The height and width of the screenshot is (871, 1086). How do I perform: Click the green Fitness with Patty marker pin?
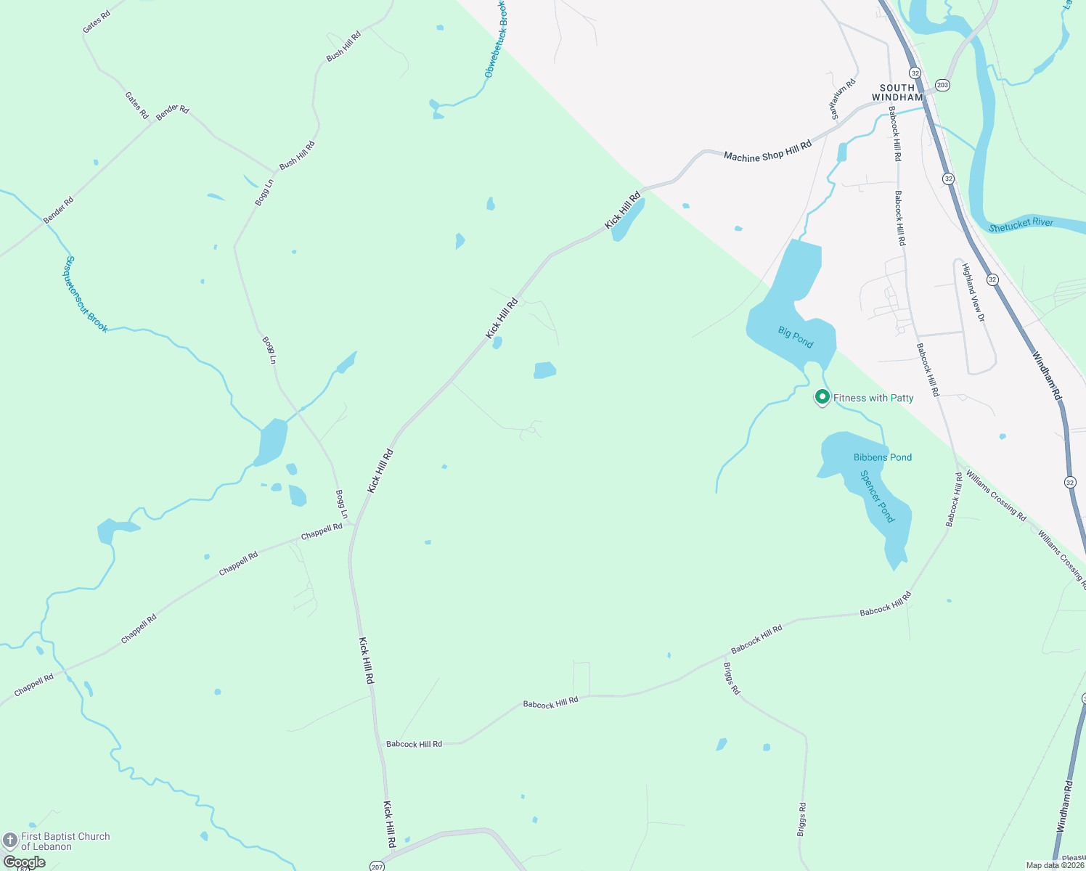[822, 397]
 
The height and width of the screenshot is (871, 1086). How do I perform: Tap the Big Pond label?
[796, 338]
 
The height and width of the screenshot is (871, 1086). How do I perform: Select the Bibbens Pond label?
[882, 457]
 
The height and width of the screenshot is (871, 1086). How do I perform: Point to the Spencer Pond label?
[877, 496]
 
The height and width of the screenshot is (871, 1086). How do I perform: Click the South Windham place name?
[897, 92]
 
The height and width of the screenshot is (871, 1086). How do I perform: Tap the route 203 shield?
[942, 85]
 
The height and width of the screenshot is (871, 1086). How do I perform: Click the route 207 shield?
[376, 866]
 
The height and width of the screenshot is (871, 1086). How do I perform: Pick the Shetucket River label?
[1021, 225]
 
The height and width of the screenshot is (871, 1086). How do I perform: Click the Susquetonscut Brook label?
[86, 294]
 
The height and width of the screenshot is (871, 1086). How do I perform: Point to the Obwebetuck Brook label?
[496, 40]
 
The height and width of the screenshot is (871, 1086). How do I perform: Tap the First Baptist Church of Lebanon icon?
[10, 841]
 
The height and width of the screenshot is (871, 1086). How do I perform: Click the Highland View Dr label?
[973, 293]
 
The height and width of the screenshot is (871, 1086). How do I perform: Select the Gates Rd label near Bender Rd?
[136, 106]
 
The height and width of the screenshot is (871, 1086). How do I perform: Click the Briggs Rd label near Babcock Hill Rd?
[732, 679]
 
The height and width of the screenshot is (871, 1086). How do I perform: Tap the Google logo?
[25, 862]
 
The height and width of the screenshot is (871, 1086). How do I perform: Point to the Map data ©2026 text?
[1054, 865]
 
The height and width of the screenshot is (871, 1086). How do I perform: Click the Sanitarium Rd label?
[843, 99]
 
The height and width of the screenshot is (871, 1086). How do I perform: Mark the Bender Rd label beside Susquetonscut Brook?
[58, 210]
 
